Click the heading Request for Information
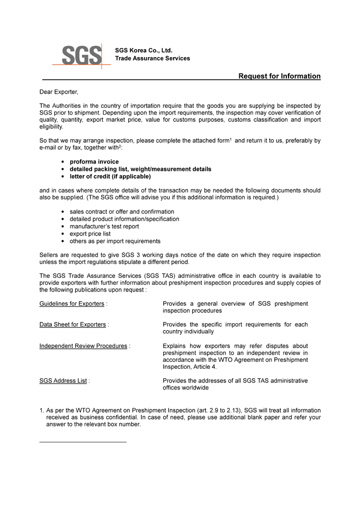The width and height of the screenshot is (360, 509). coord(279,76)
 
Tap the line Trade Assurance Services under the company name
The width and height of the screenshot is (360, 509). coord(152,58)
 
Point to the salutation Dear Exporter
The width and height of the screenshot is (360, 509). coord(59,92)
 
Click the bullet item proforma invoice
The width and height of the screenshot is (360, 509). coord(94,162)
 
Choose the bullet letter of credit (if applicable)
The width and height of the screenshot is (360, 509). coord(110,177)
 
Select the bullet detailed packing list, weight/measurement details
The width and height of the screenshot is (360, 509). coord(140,169)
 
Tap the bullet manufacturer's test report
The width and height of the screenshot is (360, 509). coord(104,226)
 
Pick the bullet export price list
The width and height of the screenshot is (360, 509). coord(91,234)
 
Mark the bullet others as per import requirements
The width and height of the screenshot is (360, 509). coord(115,241)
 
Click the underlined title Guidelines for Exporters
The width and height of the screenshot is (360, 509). coord(71,304)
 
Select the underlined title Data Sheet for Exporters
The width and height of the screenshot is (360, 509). coord(73,324)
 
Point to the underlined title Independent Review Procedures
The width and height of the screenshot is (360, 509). coord(83,346)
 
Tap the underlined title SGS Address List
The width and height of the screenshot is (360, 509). coord(63,380)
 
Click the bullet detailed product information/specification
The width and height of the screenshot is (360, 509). coord(124,219)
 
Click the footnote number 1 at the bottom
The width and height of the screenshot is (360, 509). coord(41,411)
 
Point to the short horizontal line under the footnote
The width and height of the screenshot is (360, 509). coord(83,442)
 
